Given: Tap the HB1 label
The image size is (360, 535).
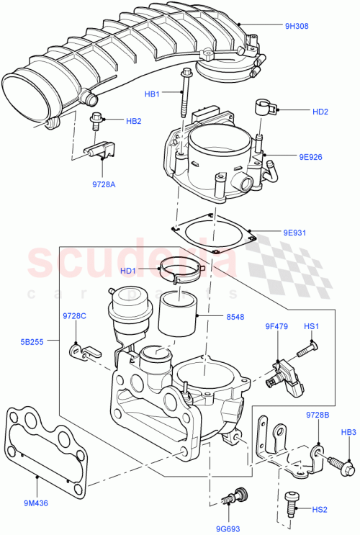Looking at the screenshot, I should click(x=151, y=93).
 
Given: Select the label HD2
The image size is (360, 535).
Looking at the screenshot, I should click(x=320, y=112).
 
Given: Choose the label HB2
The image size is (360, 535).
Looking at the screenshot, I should click(x=134, y=121).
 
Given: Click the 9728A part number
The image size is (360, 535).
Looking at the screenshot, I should click(x=103, y=184).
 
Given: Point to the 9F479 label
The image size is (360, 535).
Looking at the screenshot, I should click(x=276, y=327).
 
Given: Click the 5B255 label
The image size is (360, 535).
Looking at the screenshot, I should click(x=33, y=342).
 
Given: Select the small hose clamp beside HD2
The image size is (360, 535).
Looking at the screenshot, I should click(x=266, y=109).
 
